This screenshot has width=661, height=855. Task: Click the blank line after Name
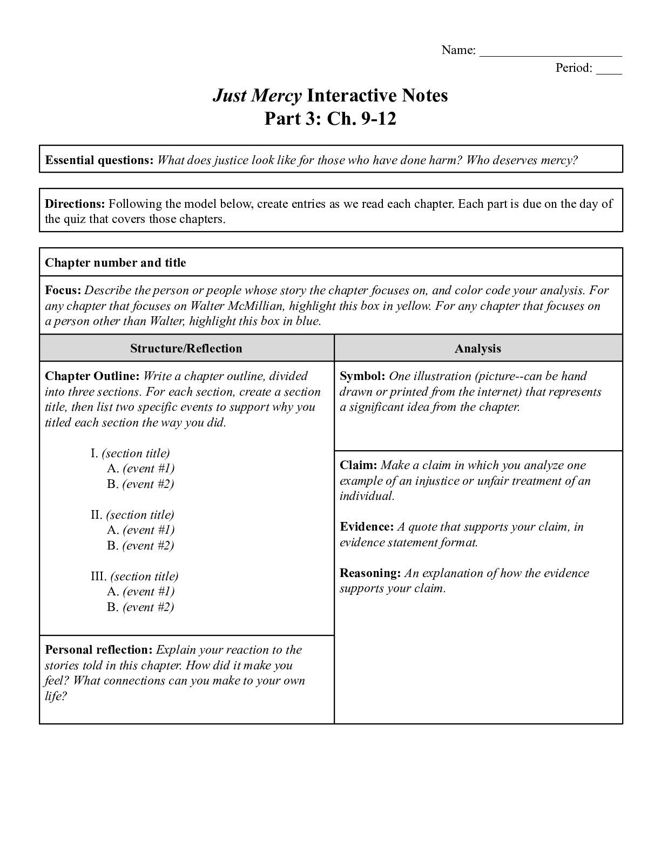550,53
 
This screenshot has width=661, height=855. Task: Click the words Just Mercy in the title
257,96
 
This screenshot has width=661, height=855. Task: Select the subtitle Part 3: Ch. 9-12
330,119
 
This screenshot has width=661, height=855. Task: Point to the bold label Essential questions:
99,160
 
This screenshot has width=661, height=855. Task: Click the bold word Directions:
75,204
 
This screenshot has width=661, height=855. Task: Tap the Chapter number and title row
116,263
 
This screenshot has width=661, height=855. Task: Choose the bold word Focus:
63,290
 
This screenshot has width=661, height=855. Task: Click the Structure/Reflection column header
186,349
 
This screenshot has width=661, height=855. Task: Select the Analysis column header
478,349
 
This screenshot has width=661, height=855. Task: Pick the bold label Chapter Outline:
92,376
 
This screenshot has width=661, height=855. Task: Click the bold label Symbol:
362,376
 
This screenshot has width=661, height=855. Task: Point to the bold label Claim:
359,465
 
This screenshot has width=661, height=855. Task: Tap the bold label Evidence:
367,527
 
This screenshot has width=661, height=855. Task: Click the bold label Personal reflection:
99,650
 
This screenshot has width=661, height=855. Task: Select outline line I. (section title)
130,453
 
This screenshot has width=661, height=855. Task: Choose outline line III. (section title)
134,576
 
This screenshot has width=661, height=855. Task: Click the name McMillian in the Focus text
257,306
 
